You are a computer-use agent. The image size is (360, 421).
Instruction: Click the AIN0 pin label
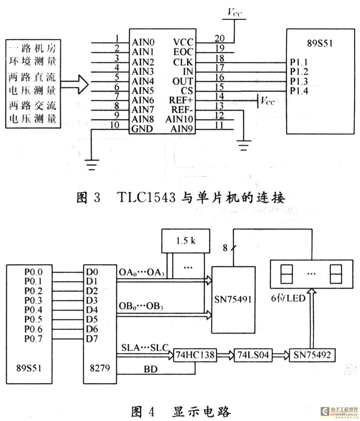pyautogui.click(x=143, y=42)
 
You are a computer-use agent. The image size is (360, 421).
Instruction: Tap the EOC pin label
pyautogui.click(x=183, y=52)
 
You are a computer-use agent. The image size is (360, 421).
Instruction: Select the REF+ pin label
pyautogui.click(x=181, y=100)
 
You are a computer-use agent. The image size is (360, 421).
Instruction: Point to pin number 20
pyautogui.click(x=219, y=38)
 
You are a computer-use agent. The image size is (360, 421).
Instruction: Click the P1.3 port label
pyautogui.click(x=299, y=81)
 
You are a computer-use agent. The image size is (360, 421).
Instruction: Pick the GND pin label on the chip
pyautogui.click(x=142, y=129)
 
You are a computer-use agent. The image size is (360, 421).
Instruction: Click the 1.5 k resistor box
pyautogui.click(x=186, y=241)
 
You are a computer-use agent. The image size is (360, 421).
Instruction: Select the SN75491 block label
pyautogui.click(x=233, y=299)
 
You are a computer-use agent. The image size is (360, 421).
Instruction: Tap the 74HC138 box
pyautogui.click(x=195, y=355)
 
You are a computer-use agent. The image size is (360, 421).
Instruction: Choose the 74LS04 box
pyautogui.click(x=253, y=355)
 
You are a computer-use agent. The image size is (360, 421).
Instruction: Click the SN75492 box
pyautogui.click(x=312, y=355)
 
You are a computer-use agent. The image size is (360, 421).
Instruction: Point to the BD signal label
pyautogui.click(x=150, y=369)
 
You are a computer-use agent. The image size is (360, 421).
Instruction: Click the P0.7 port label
pyautogui.click(x=34, y=339)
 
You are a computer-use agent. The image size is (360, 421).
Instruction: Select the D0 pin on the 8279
pyautogui.click(x=92, y=272)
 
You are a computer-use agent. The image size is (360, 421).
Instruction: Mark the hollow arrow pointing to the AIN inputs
pyautogui.click(x=74, y=84)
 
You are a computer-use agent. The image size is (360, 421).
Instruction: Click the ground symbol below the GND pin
pyautogui.click(x=92, y=165)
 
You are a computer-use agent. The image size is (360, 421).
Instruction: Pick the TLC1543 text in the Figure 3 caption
pyautogui.click(x=146, y=198)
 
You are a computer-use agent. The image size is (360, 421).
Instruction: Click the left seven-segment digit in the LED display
pyautogui.click(x=286, y=274)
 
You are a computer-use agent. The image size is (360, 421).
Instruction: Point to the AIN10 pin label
pyautogui.click(x=179, y=119)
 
